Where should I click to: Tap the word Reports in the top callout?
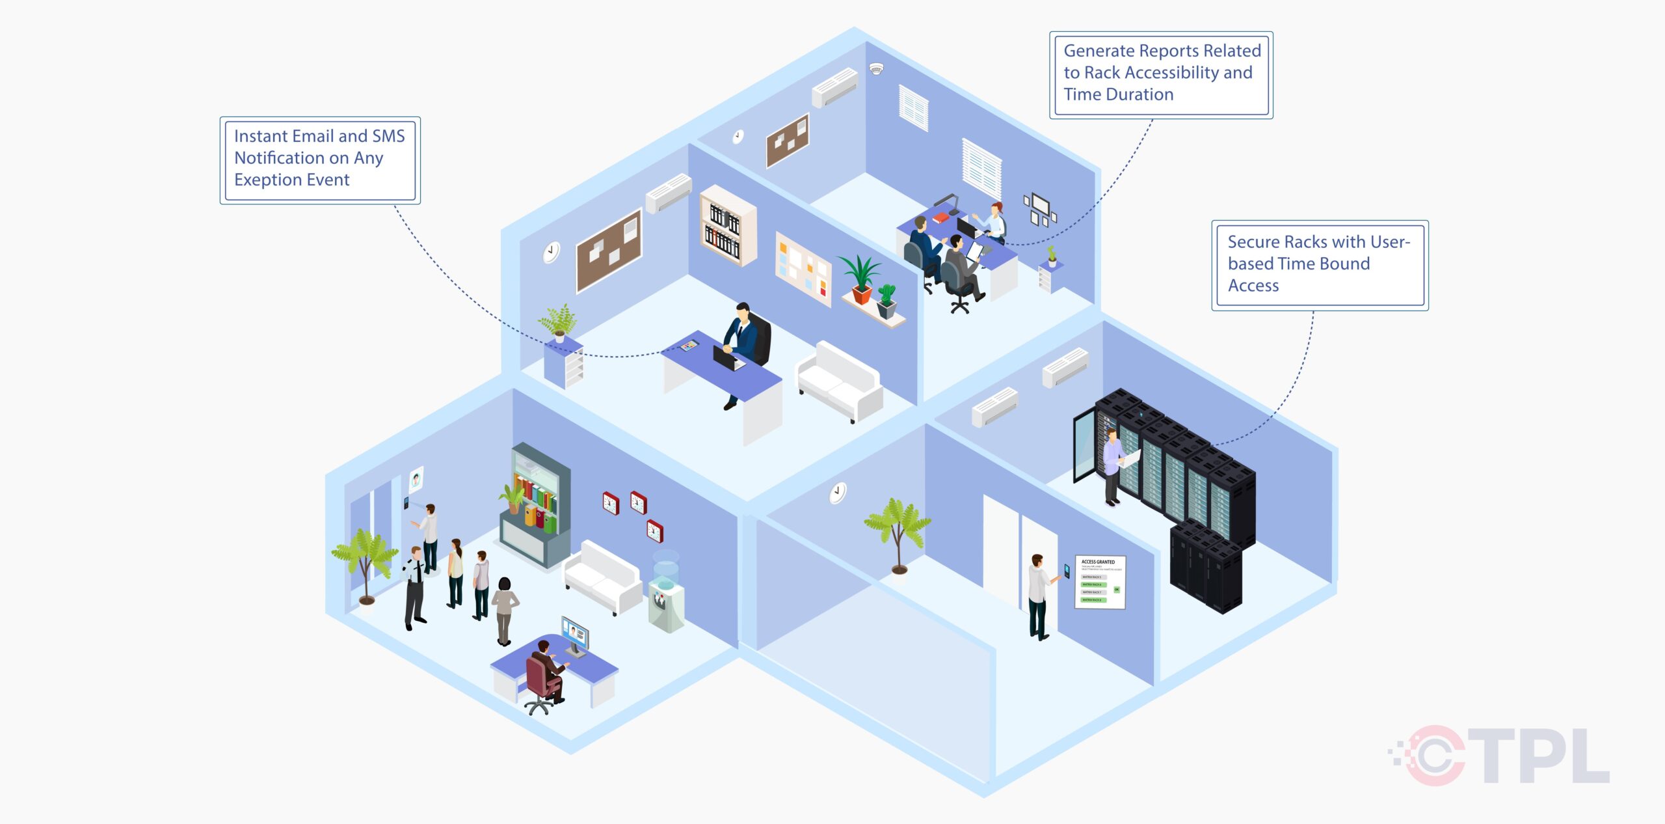(x=1165, y=51)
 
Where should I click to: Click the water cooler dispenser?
(x=666, y=592)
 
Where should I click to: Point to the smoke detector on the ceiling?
(x=876, y=68)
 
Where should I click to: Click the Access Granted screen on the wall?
(x=1100, y=582)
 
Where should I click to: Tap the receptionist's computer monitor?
(x=575, y=634)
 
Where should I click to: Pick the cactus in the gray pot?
(x=886, y=300)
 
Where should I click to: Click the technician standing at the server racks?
(x=1113, y=466)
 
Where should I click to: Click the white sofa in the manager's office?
(x=840, y=381)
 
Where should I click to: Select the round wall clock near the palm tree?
(x=838, y=493)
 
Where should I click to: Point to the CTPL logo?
(x=1502, y=755)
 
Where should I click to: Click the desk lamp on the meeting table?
(x=951, y=202)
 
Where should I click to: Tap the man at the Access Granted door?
(x=1038, y=596)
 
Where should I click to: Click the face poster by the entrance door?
(x=416, y=481)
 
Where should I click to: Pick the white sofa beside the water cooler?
(x=602, y=575)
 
